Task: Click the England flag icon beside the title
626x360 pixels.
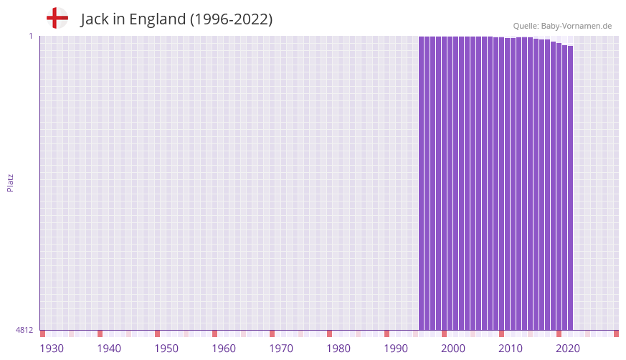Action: click(x=57, y=18)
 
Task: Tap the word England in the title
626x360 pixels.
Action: click(x=157, y=19)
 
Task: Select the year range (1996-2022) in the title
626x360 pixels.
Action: click(x=231, y=19)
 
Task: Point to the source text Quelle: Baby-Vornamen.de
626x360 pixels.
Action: click(x=562, y=26)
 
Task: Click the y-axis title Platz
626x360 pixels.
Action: click(x=10, y=182)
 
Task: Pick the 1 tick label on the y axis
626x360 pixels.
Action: click(x=30, y=36)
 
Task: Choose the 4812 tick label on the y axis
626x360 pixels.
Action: click(x=24, y=330)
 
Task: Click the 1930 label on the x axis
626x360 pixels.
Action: click(x=52, y=349)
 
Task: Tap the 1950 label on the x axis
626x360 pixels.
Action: click(x=166, y=349)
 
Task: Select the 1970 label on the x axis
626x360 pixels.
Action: click(x=281, y=349)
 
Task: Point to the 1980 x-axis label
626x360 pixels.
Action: click(x=338, y=349)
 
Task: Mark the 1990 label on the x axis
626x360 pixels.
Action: click(x=396, y=349)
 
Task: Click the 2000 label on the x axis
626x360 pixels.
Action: click(x=453, y=349)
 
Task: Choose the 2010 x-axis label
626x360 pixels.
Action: click(x=511, y=349)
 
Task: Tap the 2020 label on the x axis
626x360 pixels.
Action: click(x=568, y=349)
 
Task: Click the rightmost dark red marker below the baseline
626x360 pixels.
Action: click(x=616, y=333)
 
